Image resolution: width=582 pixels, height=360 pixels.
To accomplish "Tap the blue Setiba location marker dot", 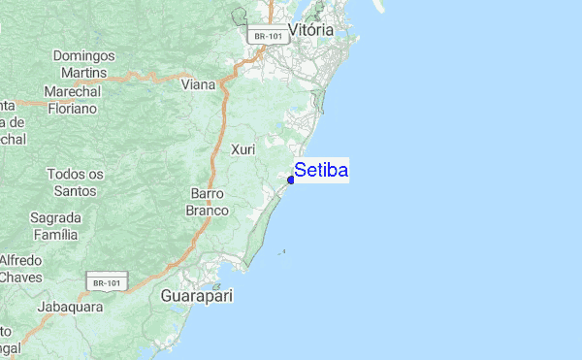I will tap(291, 180).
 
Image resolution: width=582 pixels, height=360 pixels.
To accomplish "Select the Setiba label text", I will tap(321, 171).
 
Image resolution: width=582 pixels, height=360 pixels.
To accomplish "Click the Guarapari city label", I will tap(197, 295).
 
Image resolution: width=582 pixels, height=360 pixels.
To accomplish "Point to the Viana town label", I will tap(198, 84).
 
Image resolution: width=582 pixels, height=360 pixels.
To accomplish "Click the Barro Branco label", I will tap(209, 202).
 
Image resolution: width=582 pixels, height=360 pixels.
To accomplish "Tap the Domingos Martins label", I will tap(84, 64).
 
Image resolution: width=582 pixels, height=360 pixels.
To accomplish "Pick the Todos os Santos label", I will tap(75, 182).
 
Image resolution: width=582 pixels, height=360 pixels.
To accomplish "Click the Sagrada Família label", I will tap(54, 225).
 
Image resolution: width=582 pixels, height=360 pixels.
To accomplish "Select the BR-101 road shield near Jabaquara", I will tap(106, 283).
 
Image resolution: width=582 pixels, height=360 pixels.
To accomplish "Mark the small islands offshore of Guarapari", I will tap(282, 253).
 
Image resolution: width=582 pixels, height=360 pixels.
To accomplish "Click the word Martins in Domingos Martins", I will tap(84, 73).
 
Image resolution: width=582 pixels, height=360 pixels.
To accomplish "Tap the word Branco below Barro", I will tap(209, 210).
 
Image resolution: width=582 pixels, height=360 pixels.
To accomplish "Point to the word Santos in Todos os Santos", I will tap(75, 190).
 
